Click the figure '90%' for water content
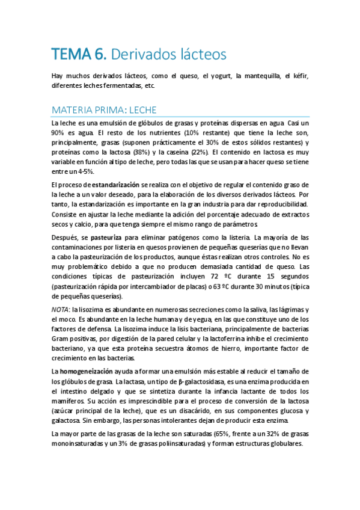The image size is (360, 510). tap(58, 132)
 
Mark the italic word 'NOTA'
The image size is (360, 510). tap(60, 309)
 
